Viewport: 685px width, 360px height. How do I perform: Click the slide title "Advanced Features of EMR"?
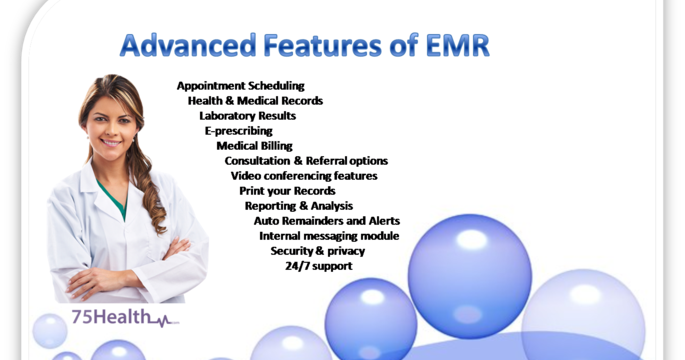(304, 46)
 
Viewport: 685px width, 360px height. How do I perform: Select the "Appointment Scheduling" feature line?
(241, 86)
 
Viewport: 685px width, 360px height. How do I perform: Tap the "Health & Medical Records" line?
(255, 101)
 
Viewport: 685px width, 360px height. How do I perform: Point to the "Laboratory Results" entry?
(247, 116)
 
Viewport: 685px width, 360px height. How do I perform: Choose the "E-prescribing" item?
(238, 131)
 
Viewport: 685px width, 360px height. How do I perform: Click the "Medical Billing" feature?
(254, 146)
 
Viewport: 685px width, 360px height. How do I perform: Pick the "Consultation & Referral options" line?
(306, 161)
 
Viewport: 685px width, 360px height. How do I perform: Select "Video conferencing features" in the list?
(304, 176)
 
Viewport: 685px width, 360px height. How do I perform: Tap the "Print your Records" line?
(287, 191)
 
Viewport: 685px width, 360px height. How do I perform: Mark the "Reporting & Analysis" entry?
(298, 206)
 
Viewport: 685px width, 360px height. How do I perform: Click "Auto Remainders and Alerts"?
(327, 221)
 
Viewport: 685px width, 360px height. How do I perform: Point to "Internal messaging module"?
(329, 236)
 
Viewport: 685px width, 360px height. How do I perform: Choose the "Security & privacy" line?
(317, 251)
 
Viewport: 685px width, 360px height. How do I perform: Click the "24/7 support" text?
(318, 266)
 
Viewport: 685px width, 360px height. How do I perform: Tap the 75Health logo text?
(110, 319)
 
